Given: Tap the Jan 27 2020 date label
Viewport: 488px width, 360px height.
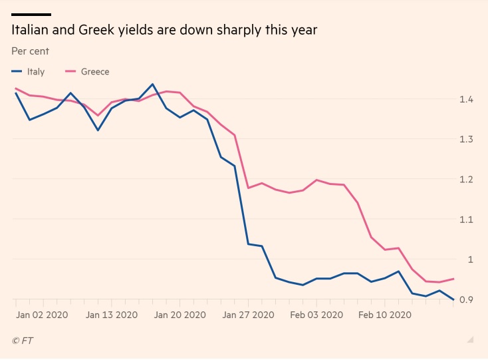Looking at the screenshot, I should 248,314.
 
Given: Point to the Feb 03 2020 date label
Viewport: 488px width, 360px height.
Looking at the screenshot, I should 318,314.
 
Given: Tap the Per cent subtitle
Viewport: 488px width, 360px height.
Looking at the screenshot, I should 30,51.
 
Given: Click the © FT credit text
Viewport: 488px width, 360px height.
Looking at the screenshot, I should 23,341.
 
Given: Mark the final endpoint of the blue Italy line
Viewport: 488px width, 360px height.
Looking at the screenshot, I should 453,299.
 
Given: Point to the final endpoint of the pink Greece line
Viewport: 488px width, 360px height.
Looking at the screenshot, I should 453,279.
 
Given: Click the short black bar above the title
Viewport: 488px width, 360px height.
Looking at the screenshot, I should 31,14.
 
